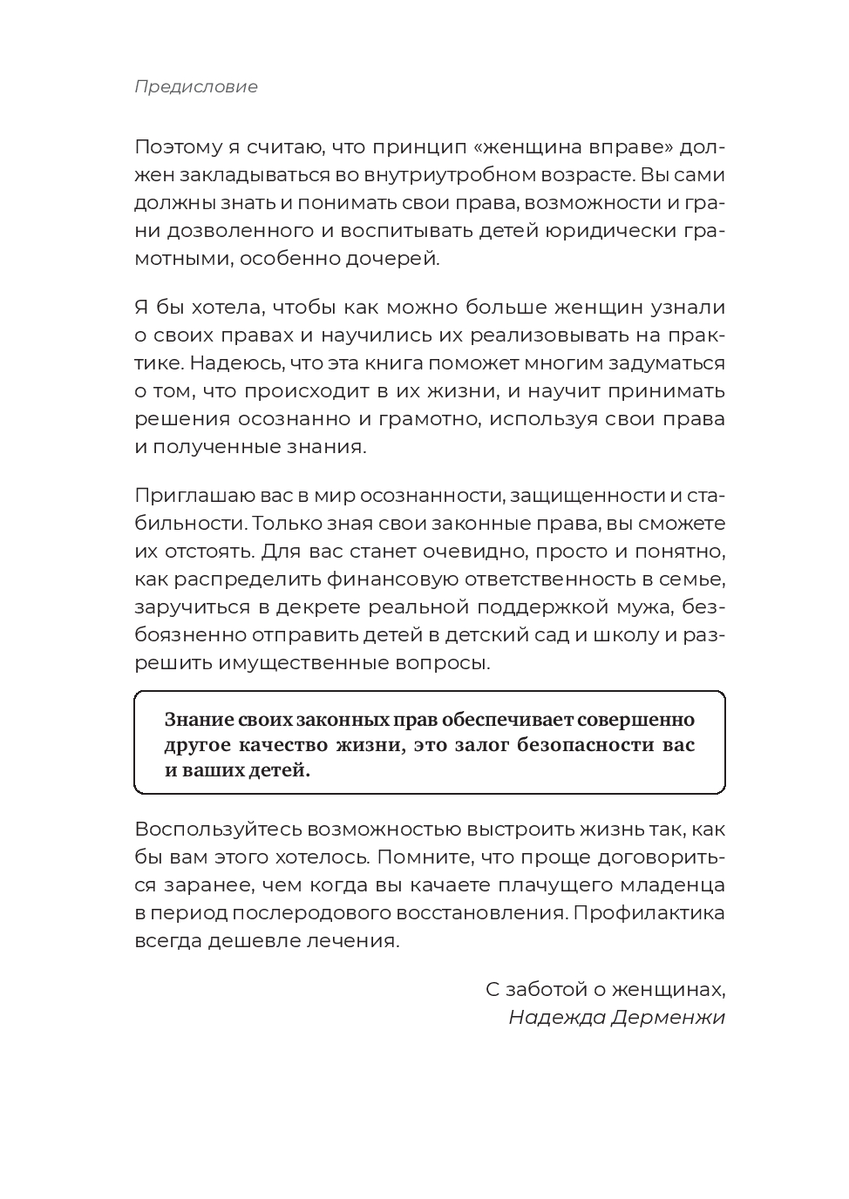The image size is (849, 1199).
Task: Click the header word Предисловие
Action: coord(196,86)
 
